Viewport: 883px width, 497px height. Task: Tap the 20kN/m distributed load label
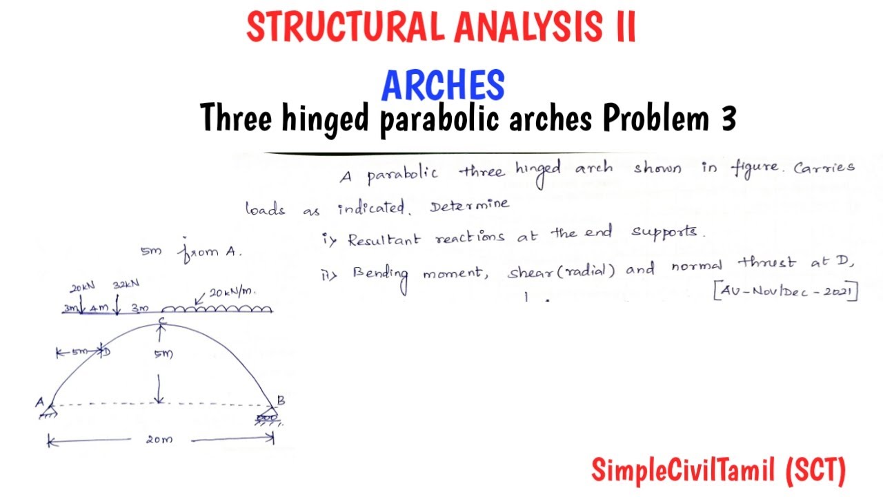(x=231, y=293)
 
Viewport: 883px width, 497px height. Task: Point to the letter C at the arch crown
(x=161, y=320)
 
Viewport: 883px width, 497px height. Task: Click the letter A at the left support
(x=40, y=401)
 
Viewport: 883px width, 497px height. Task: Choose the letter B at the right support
(x=281, y=400)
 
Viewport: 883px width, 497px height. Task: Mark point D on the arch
(x=106, y=352)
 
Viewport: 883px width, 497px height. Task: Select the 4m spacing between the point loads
(x=98, y=308)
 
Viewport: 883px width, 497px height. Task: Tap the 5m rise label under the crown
(x=163, y=354)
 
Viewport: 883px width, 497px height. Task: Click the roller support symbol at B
(x=267, y=418)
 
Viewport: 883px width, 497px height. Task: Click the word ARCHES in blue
(x=443, y=86)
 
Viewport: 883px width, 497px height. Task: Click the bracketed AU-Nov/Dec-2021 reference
(x=785, y=291)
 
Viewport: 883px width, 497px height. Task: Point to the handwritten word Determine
(x=470, y=205)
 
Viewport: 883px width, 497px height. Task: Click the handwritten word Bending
(x=380, y=273)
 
